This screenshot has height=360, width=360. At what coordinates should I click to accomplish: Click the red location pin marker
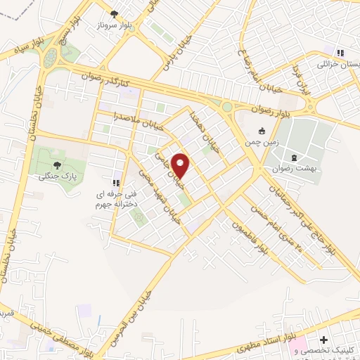[182, 166]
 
